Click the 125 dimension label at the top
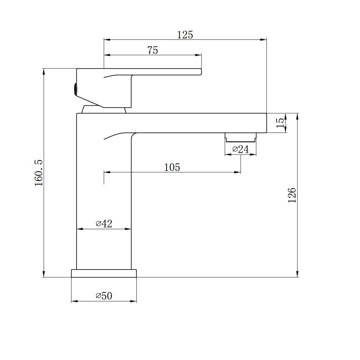(185, 35)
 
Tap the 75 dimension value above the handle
(153, 50)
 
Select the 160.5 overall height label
(39, 173)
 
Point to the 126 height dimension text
(292, 195)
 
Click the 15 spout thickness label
(280, 123)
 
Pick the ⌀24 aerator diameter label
(240, 149)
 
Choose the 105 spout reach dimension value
(172, 168)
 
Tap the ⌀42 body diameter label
(104, 224)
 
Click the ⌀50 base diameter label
(104, 296)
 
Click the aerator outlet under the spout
(240, 137)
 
